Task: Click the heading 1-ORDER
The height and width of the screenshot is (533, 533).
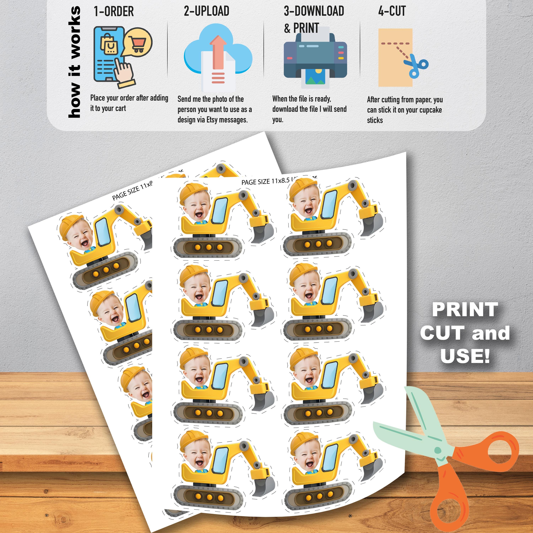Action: point(114,12)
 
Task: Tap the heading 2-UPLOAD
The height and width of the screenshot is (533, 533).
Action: point(206,11)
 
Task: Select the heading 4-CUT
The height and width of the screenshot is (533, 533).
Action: point(392,11)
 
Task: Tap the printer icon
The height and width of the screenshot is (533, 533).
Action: point(315,59)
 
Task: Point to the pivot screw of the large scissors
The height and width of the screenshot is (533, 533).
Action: point(438,451)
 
